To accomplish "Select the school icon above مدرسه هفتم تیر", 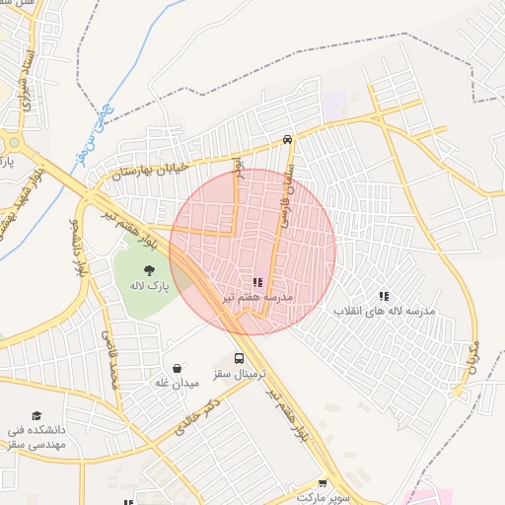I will (257, 282).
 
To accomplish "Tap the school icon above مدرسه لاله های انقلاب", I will (384, 295).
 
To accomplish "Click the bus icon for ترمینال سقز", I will (240, 360).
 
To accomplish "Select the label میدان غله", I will (178, 382).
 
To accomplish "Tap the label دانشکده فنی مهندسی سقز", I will (37, 437).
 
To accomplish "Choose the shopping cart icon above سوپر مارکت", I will (322, 482).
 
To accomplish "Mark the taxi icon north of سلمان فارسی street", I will (287, 139).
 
